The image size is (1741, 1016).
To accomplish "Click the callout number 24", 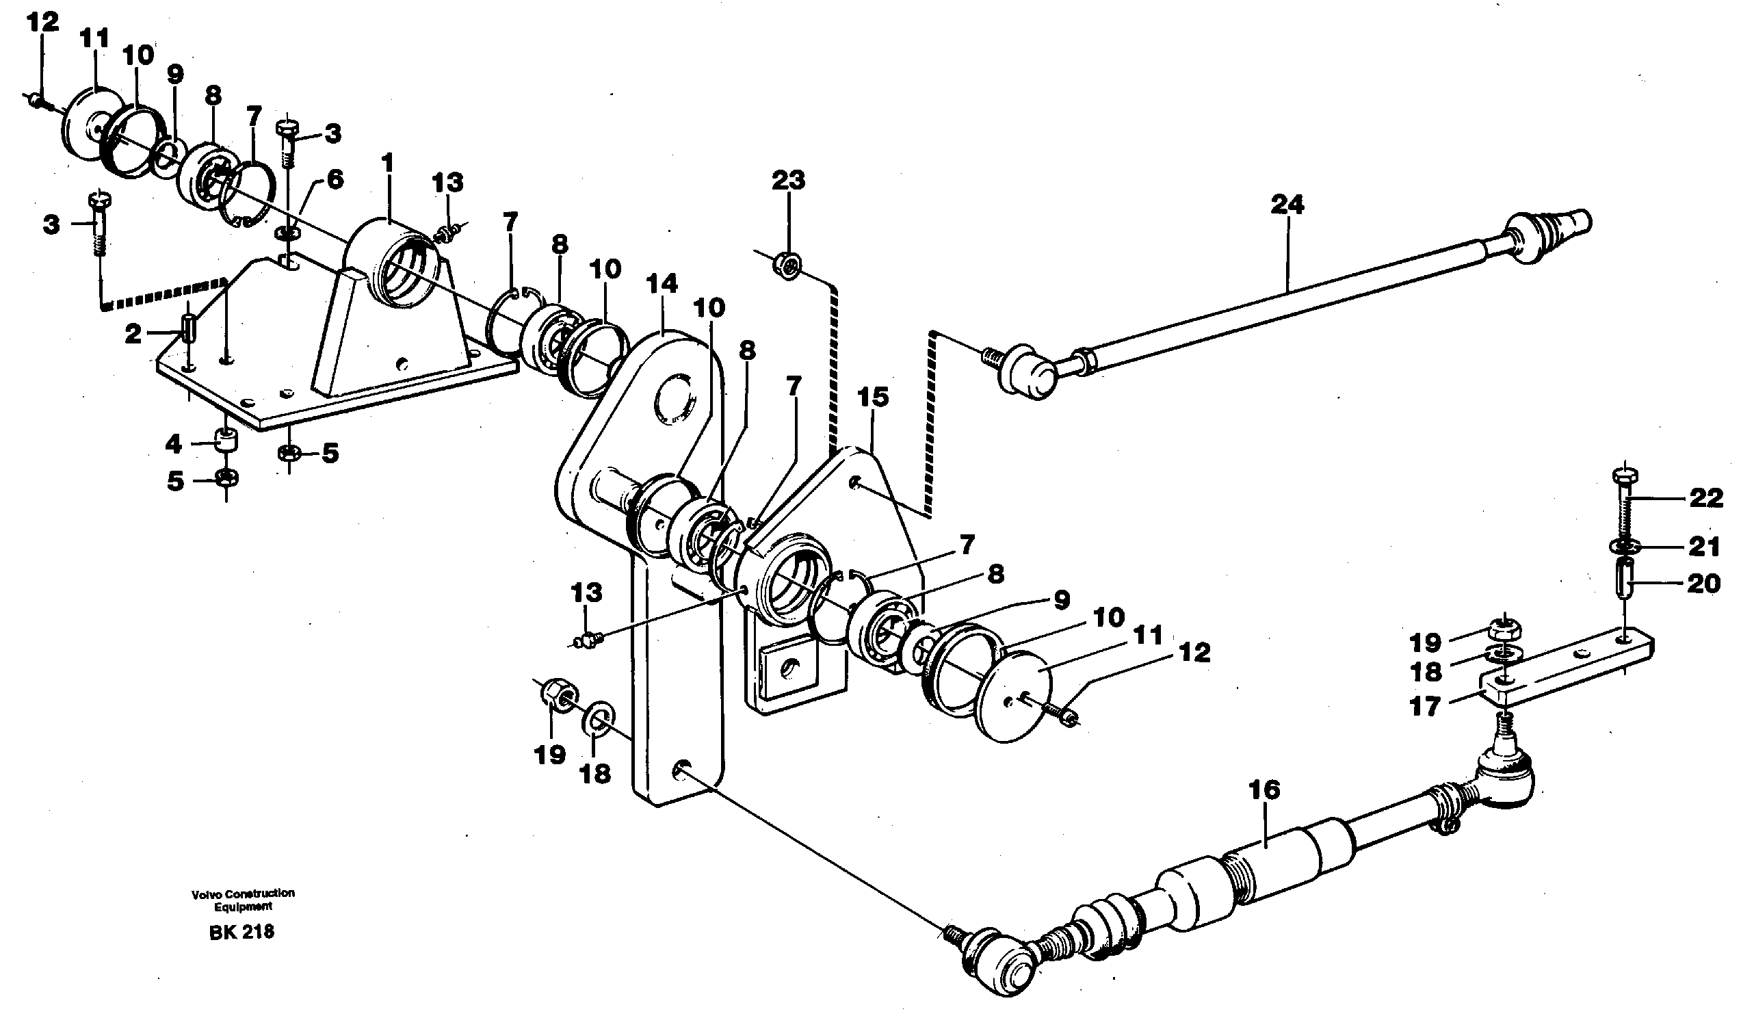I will (1287, 205).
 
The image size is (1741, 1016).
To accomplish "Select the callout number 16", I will (1264, 790).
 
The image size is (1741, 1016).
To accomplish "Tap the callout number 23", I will (788, 181).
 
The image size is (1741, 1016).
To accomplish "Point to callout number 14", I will (661, 284).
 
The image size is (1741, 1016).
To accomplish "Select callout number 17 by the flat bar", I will (1426, 707).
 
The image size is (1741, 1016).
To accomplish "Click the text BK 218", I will (241, 933).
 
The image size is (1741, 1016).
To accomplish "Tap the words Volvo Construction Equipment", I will (243, 899).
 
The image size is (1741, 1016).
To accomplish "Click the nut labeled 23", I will (787, 265).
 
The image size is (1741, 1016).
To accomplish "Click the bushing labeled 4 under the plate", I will (226, 439).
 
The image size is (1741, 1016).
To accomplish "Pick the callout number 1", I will (389, 164).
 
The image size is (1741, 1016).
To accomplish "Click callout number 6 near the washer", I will (334, 180).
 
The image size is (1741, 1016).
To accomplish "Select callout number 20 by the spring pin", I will (1703, 584).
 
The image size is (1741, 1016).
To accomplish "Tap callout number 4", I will (173, 444).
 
